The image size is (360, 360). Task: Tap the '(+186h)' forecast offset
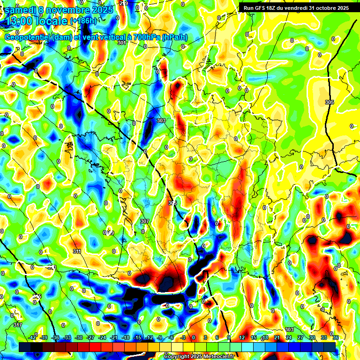(83, 21)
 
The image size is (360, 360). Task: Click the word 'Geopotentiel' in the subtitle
(27, 37)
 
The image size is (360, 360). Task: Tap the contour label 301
(122, 43)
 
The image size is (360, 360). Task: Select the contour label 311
(77, 252)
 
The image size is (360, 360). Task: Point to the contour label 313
(52, 268)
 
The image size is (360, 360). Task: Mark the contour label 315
(37, 296)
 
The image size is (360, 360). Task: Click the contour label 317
(17, 325)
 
